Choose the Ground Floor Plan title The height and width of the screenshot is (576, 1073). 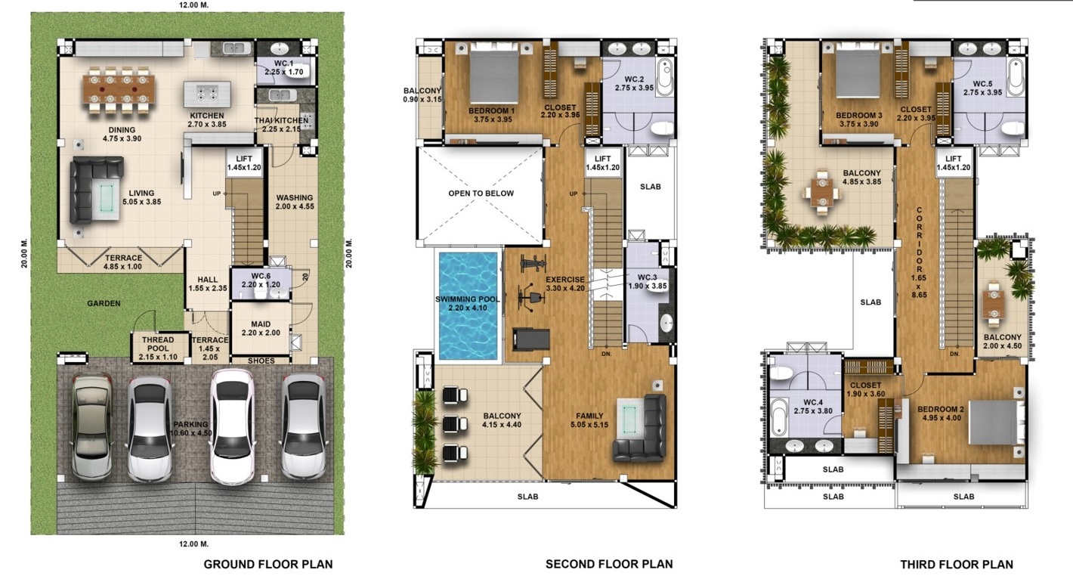[268, 564]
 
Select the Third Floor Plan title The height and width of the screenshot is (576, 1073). [956, 564]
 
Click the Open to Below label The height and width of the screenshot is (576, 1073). [481, 194]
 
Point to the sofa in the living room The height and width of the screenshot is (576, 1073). [94, 189]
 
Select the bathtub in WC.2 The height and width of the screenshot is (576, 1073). [663, 77]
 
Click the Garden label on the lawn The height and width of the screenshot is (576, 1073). [104, 304]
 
